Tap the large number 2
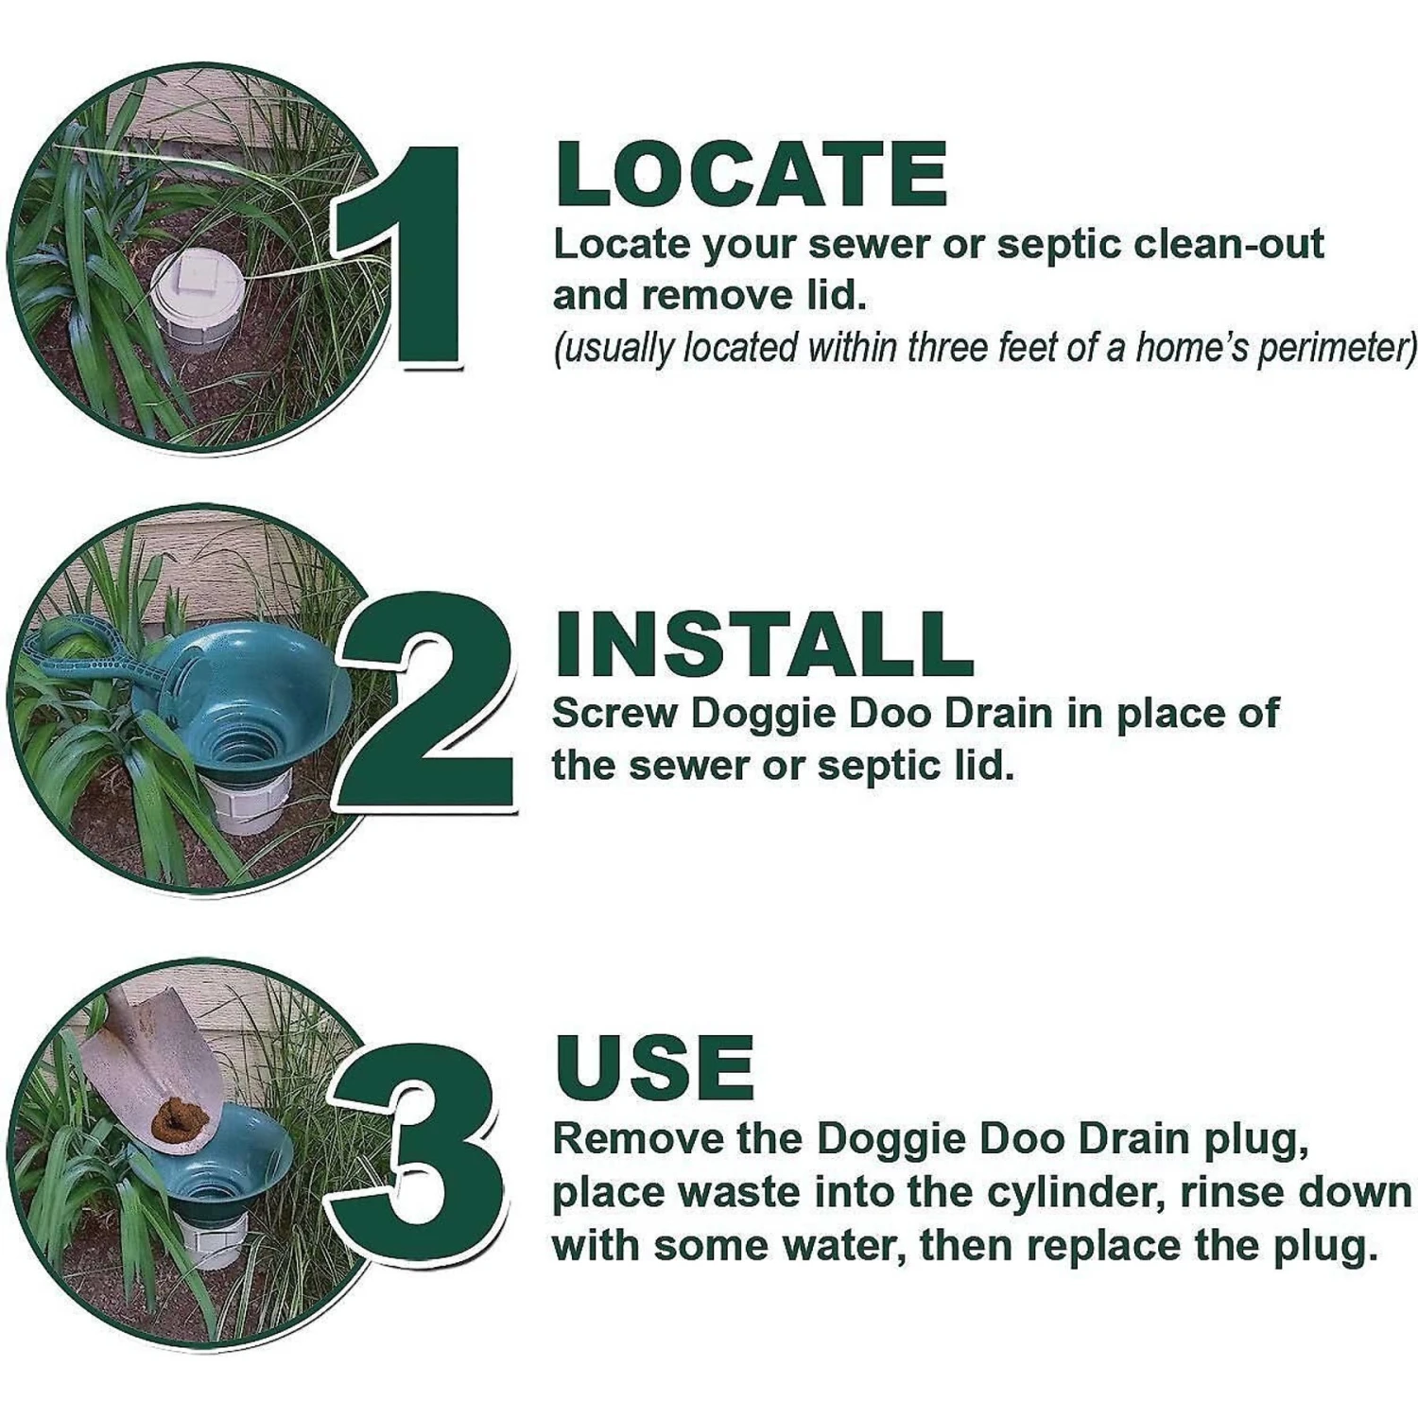click(430, 700)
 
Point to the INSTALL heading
click(764, 644)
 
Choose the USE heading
click(655, 1067)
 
